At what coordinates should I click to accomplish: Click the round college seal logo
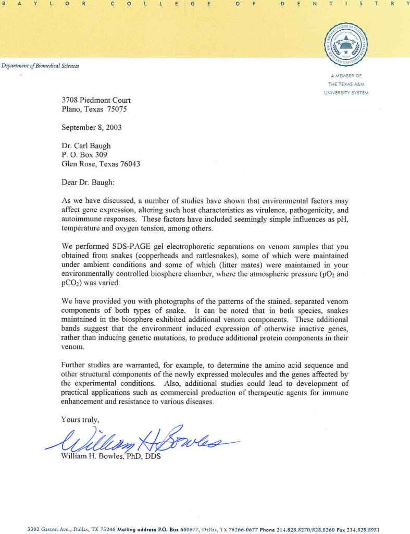point(346,44)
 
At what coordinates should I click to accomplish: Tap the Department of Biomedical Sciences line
point(40,65)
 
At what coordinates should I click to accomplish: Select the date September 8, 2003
point(92,127)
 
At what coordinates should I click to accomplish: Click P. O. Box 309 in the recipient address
point(84,154)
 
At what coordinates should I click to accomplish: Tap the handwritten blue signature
point(141,439)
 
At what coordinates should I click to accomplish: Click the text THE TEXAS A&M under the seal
point(348,84)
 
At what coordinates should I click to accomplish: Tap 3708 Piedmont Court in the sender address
point(96,100)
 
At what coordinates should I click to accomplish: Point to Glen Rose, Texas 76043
point(101,163)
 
